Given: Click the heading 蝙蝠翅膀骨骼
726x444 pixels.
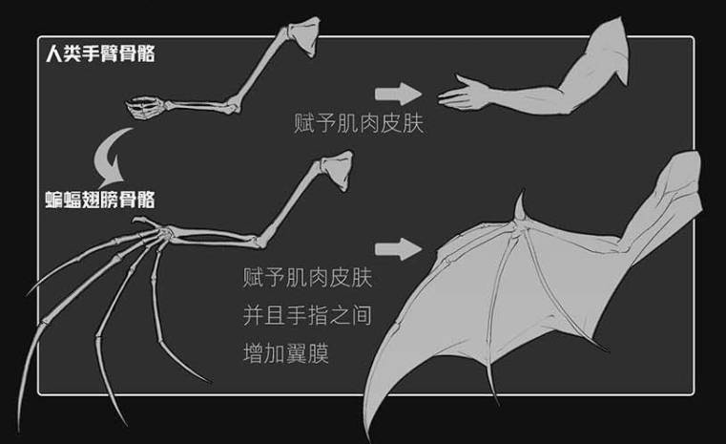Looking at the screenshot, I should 100,201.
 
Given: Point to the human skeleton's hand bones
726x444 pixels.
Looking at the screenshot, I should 145,108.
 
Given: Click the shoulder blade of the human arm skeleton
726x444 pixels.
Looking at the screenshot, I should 308,35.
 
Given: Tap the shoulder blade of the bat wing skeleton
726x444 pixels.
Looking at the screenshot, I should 337,174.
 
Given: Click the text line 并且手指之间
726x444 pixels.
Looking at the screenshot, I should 304,316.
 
